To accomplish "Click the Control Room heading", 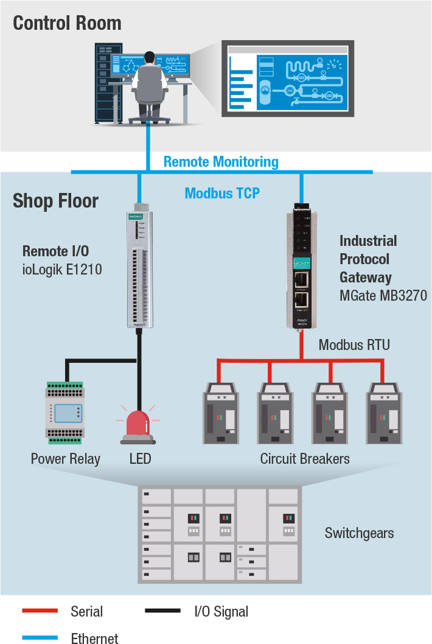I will [x=67, y=23].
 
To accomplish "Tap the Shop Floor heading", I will [x=55, y=200].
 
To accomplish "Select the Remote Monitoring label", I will [x=221, y=162].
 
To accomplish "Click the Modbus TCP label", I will [x=222, y=193].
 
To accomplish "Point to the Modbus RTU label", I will [x=354, y=345].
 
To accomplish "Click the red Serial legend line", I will [x=40, y=611].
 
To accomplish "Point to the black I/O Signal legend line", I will [x=162, y=611].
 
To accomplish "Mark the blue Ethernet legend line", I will [x=40, y=638].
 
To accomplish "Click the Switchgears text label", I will [x=359, y=533].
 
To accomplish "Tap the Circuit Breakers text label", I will [x=304, y=458].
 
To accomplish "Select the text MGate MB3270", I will [x=383, y=296].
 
